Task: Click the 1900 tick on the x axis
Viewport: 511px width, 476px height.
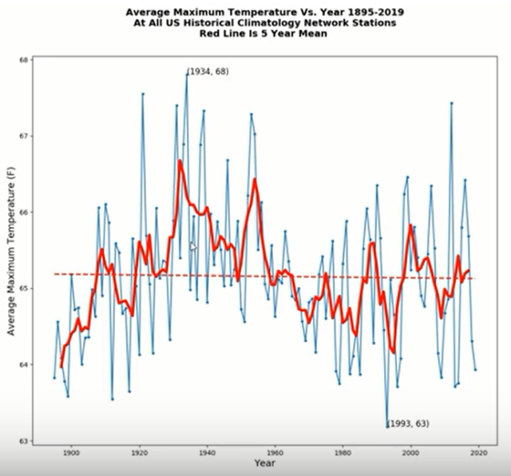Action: click(71, 453)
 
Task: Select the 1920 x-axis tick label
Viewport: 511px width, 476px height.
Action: click(139, 453)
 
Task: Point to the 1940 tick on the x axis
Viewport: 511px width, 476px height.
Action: click(208, 453)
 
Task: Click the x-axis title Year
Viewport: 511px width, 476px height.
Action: click(265, 464)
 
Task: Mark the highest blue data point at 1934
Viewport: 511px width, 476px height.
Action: click(187, 73)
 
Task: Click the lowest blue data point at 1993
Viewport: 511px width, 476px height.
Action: click(388, 426)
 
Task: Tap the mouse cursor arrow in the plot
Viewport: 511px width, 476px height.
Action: click(192, 248)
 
